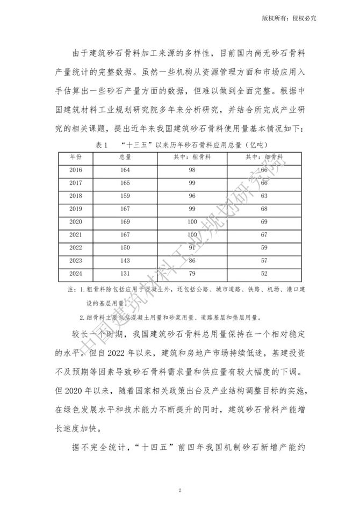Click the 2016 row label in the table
pos(76,170)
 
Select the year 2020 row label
pos(76,221)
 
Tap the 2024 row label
pos(76,274)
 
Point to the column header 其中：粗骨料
pos(192,156)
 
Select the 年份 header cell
pos(76,156)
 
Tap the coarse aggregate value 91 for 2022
pos(192,248)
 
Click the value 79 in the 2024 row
pos(192,274)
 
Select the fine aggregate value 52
pos(264,274)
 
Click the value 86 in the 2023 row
pos(192,261)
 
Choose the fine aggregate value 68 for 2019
pos(264,209)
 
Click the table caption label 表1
pos(103,145)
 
